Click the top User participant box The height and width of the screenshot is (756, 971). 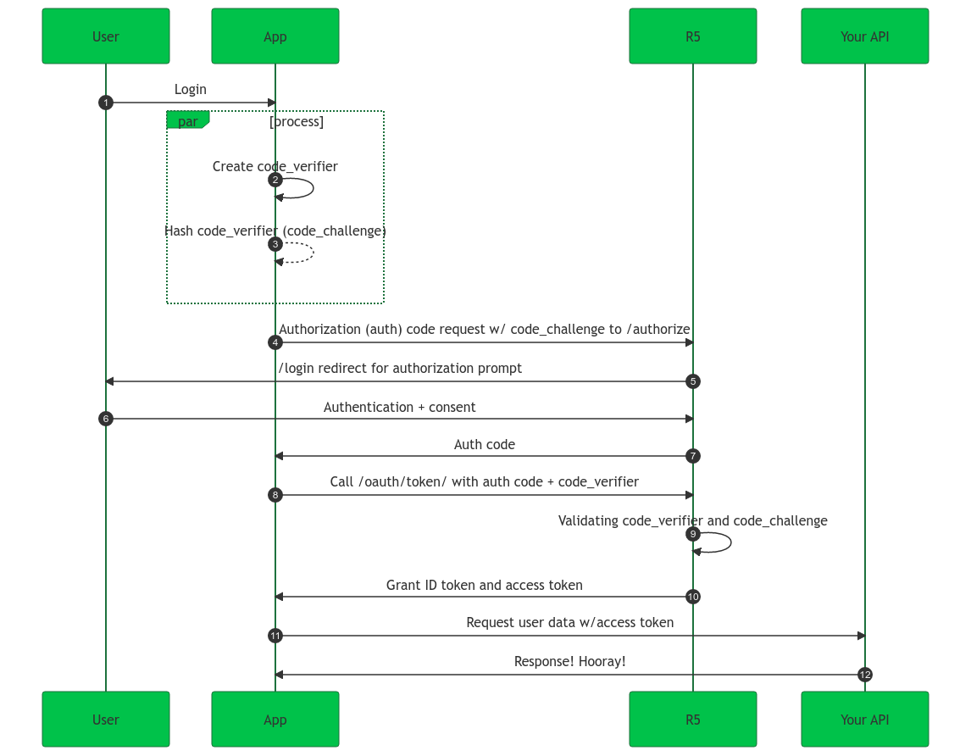[106, 36]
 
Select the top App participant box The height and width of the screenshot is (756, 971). [275, 36]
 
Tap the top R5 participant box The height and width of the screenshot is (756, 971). [692, 36]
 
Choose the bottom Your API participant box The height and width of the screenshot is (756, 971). [864, 720]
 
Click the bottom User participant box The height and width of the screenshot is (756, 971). [106, 720]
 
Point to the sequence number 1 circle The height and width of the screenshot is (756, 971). [105, 103]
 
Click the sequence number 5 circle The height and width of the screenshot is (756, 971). [693, 381]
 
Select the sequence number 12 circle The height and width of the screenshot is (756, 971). [864, 675]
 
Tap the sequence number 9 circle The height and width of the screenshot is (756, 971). [693, 534]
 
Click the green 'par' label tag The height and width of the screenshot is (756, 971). [187, 121]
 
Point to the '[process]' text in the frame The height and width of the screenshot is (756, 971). [297, 121]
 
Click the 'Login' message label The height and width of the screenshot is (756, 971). [191, 89]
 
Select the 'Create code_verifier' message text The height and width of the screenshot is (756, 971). [275, 166]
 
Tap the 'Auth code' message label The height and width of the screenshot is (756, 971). [484, 444]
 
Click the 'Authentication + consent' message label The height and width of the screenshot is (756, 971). [399, 407]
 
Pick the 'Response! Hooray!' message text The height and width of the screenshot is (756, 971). [569, 661]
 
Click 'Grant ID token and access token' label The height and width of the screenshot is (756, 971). [484, 585]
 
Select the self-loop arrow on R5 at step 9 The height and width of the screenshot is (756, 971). [724, 542]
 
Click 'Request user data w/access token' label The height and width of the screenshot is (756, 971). [569, 622]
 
